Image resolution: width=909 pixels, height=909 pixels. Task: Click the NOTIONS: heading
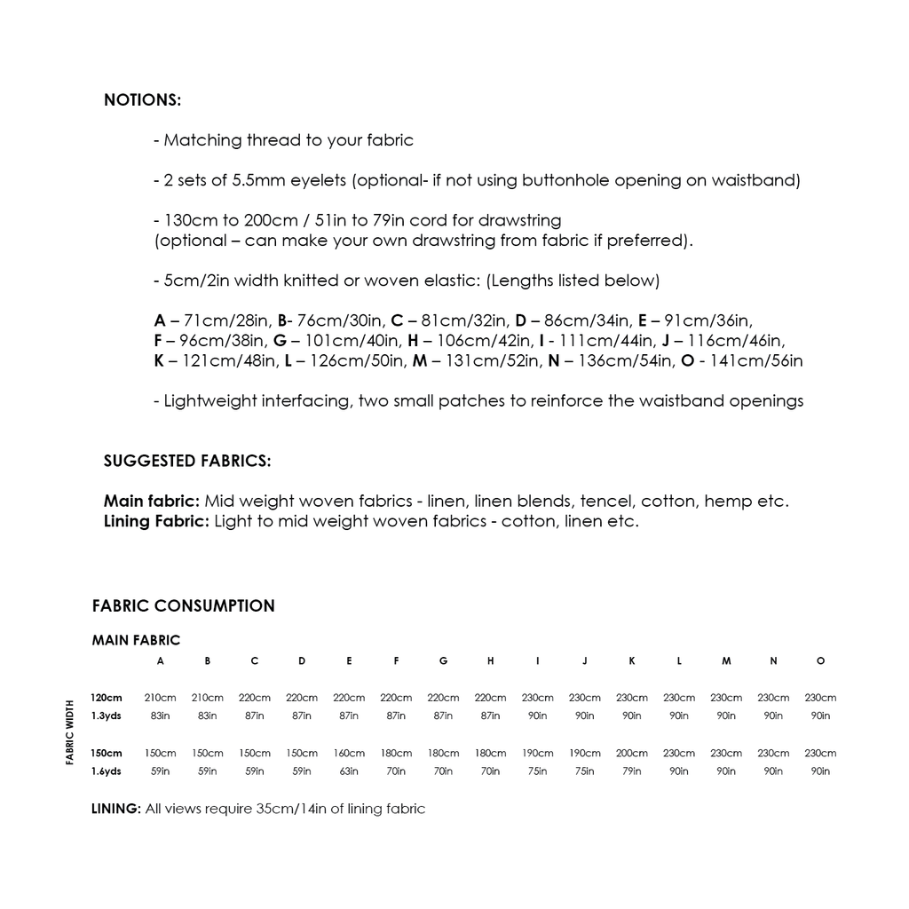click(142, 100)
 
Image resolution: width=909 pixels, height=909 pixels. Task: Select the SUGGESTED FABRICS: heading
click(187, 461)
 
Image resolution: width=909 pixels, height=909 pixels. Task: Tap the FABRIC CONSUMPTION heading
click(184, 606)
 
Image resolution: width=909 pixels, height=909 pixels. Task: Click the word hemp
click(729, 502)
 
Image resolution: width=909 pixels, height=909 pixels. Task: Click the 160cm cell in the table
click(349, 754)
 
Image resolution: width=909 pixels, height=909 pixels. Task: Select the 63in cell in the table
click(349, 771)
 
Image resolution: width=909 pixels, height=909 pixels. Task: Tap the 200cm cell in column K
click(632, 754)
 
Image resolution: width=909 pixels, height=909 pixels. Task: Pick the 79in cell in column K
click(632, 771)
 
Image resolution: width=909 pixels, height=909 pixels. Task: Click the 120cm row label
click(107, 699)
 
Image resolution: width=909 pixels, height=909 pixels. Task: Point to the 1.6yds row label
click(107, 771)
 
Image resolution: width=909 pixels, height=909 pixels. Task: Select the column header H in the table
click(491, 661)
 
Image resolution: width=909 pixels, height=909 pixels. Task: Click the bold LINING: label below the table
click(116, 810)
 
